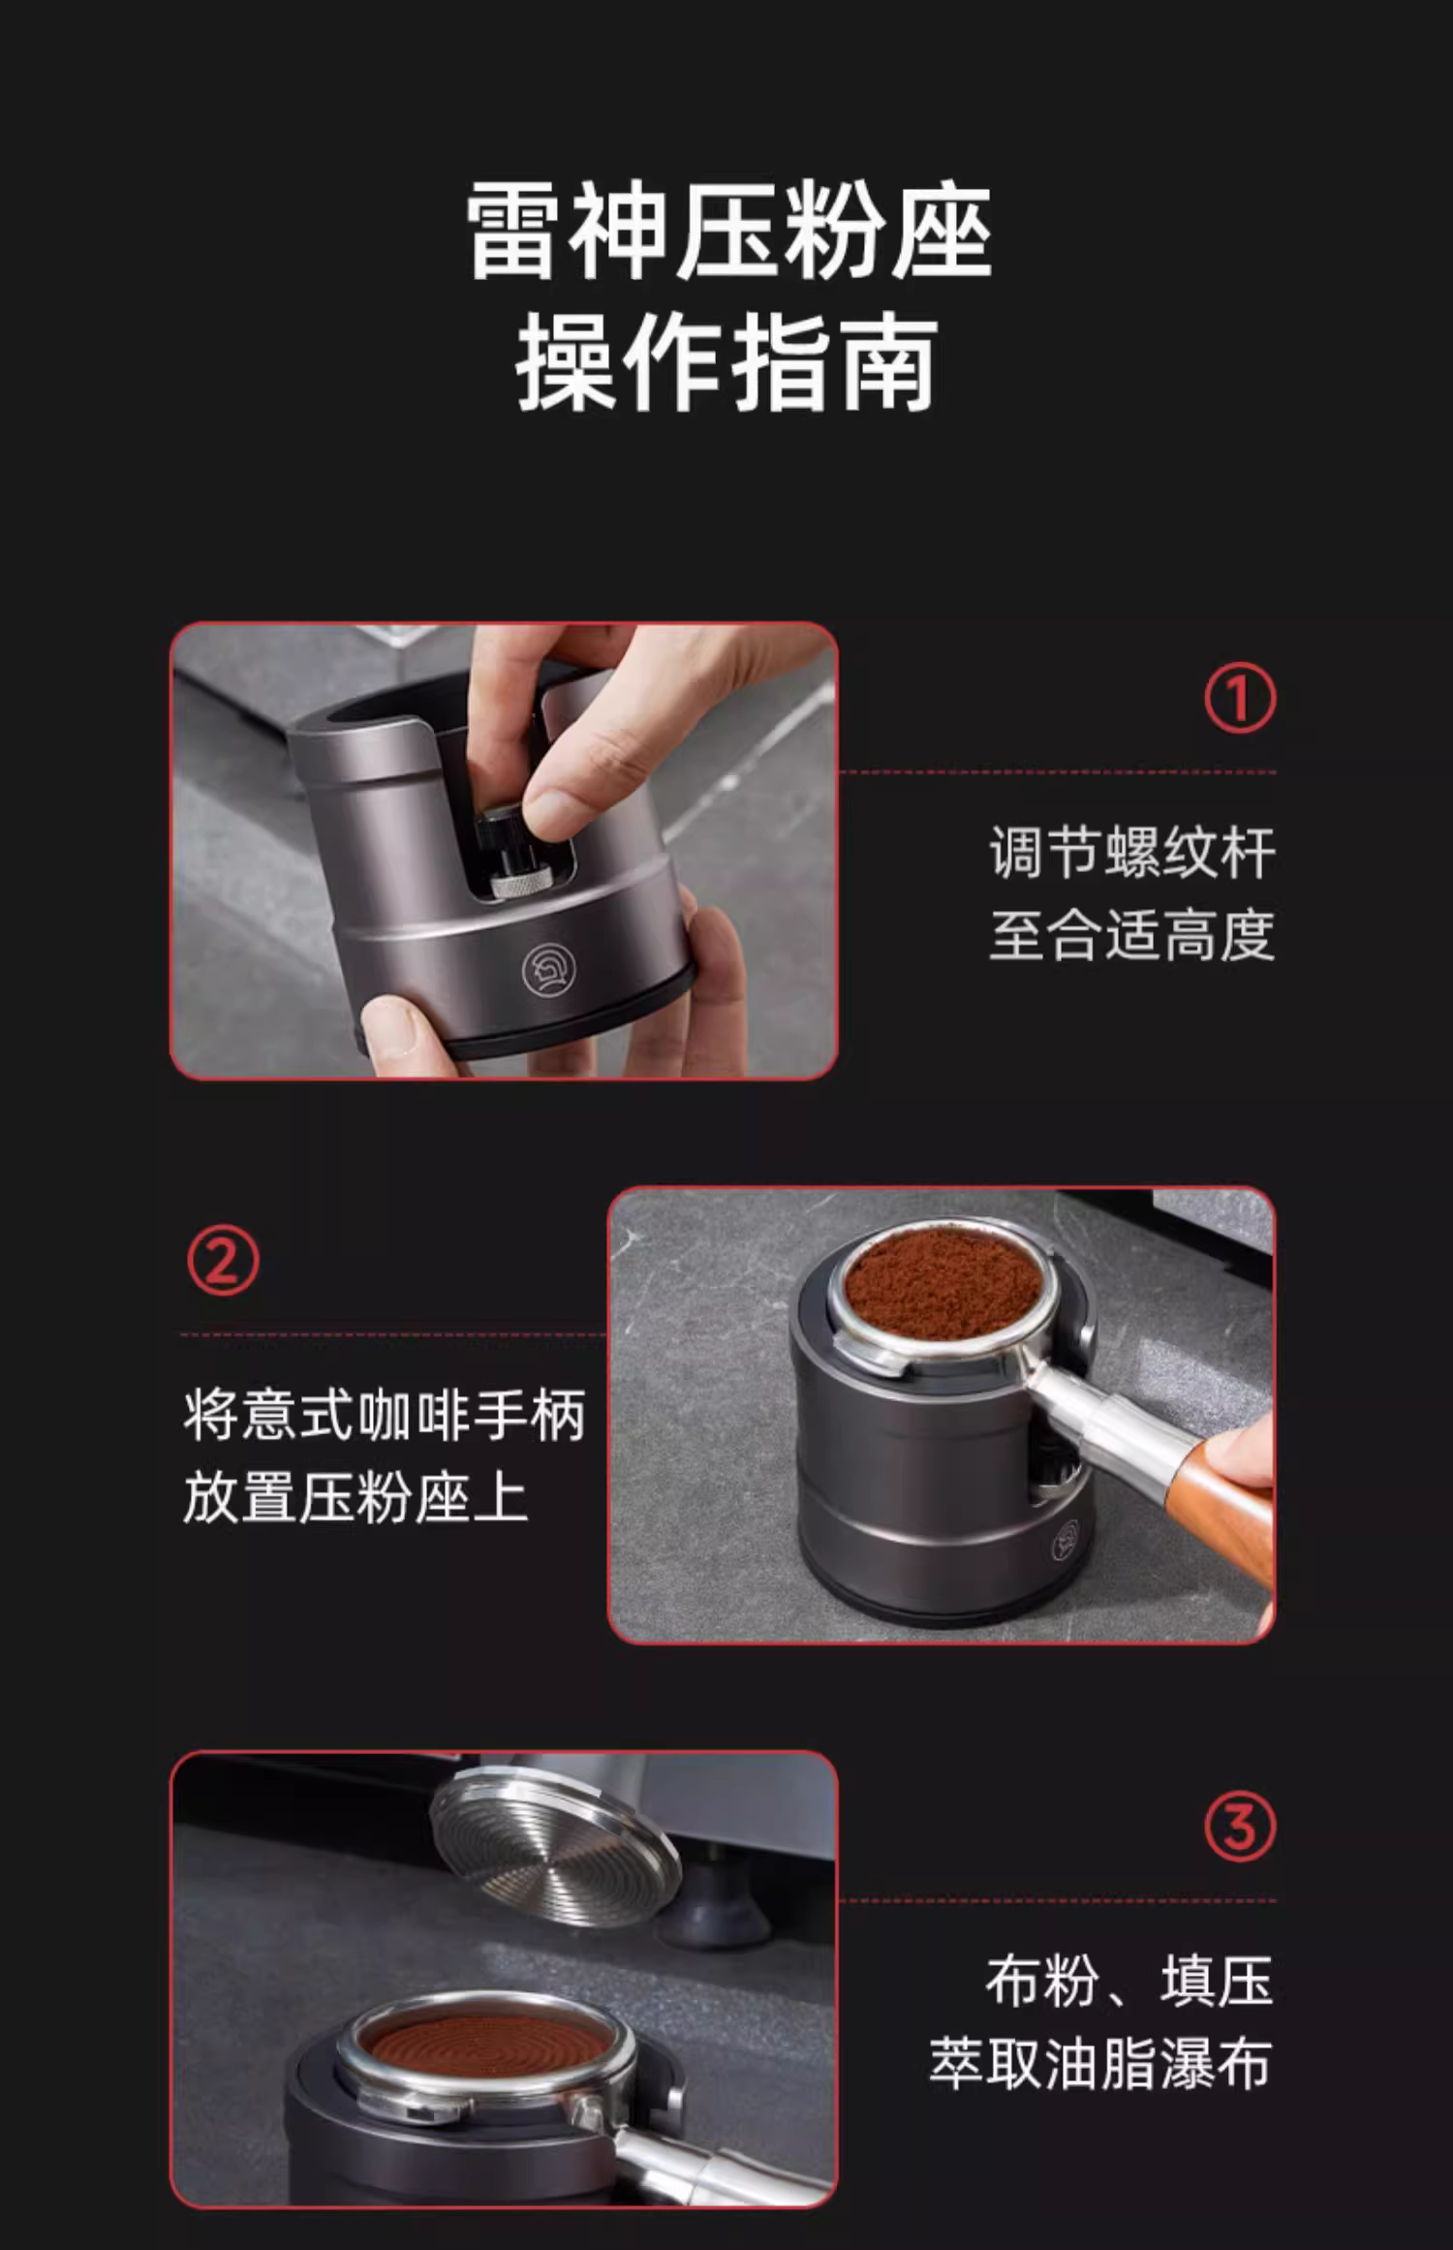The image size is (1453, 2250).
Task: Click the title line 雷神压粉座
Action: pyautogui.click(x=728, y=233)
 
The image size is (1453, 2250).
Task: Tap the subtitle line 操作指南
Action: pyautogui.click(x=727, y=363)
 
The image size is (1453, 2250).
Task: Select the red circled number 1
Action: pyautogui.click(x=1240, y=698)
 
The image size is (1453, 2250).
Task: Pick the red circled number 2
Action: pyautogui.click(x=223, y=1261)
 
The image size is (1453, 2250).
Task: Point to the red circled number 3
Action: pyautogui.click(x=1240, y=1827)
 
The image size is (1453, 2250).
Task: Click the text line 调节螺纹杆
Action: pyautogui.click(x=1131, y=854)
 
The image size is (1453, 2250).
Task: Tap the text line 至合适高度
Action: pyautogui.click(x=1131, y=935)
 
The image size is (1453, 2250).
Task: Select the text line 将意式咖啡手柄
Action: pyautogui.click(x=385, y=1416)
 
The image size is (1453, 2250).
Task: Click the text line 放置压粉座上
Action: pyautogui.click(x=356, y=1497)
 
